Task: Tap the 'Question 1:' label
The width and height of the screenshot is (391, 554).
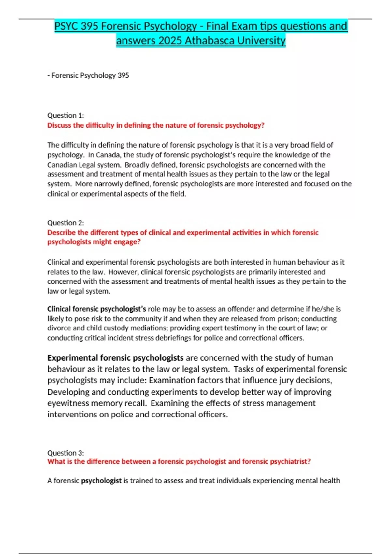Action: tap(65, 115)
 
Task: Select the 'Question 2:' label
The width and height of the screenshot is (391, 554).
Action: tap(65, 223)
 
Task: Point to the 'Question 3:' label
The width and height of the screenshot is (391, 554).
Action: tap(65, 453)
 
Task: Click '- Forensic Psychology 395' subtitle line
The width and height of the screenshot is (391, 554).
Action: tap(88, 75)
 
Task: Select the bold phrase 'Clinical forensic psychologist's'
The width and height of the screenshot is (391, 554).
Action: tap(96, 309)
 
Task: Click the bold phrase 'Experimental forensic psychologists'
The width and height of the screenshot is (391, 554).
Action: tap(115, 358)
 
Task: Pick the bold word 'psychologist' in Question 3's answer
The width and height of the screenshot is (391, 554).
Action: tap(101, 480)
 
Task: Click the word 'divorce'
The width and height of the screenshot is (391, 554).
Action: tap(57, 328)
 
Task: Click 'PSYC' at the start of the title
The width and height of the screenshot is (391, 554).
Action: tap(66, 26)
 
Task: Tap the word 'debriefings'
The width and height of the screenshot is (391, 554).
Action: tap(172, 338)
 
